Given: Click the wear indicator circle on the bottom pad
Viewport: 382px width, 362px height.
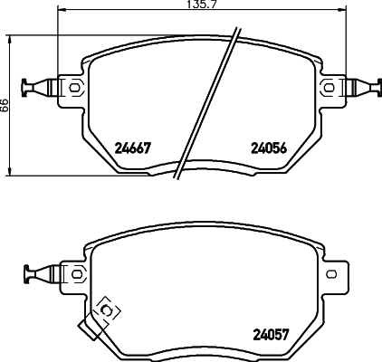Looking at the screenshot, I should click(106, 310).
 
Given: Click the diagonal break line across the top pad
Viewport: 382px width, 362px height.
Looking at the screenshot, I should click(208, 104).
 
